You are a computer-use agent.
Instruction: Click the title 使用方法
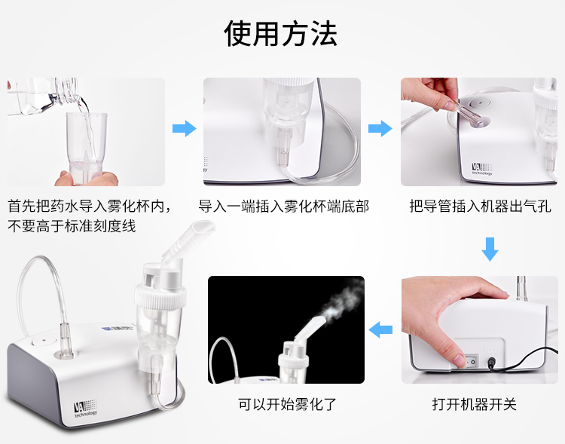click(x=281, y=34)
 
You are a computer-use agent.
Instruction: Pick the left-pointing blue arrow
click(x=381, y=329)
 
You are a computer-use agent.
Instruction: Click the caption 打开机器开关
click(x=475, y=404)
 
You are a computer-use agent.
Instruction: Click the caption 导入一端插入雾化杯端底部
click(x=283, y=206)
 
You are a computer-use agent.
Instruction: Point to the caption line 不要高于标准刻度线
click(x=72, y=225)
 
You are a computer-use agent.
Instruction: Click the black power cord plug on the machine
click(x=493, y=362)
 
